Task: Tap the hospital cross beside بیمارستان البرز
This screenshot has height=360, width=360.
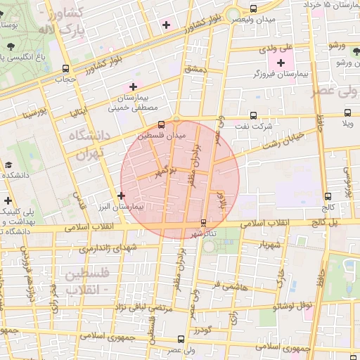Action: (122, 195)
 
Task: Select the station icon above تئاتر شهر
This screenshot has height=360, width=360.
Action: (203, 223)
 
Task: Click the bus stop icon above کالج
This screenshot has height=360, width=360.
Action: (328, 197)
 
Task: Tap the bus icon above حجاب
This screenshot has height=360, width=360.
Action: (65, 69)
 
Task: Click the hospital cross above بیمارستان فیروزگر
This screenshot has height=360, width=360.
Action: (281, 63)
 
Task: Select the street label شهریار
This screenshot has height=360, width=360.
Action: (270, 245)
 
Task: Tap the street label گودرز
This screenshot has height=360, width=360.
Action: (201, 329)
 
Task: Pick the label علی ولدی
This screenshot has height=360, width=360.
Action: (276, 49)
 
